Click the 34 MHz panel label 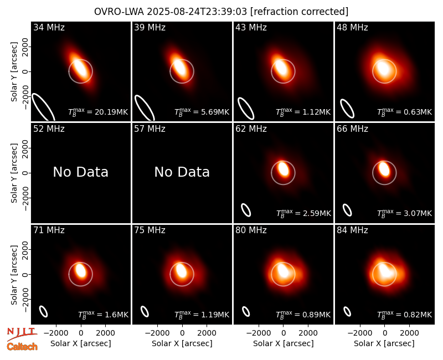49,27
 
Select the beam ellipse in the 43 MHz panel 246,108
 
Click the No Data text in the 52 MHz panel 80,172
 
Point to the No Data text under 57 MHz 182,172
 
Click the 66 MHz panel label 352,129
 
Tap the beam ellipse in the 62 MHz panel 246,210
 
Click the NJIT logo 22,334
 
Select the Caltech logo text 22,347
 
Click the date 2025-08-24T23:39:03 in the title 197,12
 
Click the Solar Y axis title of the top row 14,72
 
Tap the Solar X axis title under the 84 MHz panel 384,343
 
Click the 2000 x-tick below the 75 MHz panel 207,333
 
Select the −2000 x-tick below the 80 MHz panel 259,333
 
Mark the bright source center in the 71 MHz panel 81,271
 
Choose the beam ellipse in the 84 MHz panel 347,311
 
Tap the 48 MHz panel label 352,27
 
